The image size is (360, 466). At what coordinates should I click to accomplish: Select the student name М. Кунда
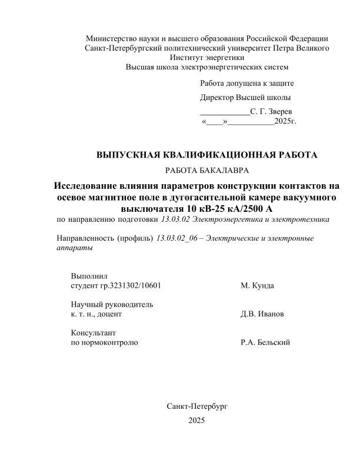tap(257, 286)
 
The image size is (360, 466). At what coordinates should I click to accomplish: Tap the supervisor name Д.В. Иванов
tap(262, 315)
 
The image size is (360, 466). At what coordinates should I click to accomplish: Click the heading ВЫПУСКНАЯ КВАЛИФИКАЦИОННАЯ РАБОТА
tap(206, 155)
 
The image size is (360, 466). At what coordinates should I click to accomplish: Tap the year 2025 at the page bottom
tap(196, 421)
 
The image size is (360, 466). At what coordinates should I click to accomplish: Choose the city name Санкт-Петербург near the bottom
tap(196, 406)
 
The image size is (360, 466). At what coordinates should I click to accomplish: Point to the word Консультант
tap(93, 333)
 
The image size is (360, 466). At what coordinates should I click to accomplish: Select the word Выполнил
tap(89, 276)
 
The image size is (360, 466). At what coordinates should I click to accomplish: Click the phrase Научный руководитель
tap(112, 305)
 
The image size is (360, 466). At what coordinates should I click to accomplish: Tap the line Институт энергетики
tap(206, 58)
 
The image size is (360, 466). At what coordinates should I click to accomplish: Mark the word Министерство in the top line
tap(112, 38)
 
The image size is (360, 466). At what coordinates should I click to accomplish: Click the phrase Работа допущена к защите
tap(247, 84)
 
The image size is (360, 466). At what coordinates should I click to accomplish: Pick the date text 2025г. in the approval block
tap(286, 122)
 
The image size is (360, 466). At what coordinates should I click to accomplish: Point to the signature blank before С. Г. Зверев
tap(225, 111)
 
